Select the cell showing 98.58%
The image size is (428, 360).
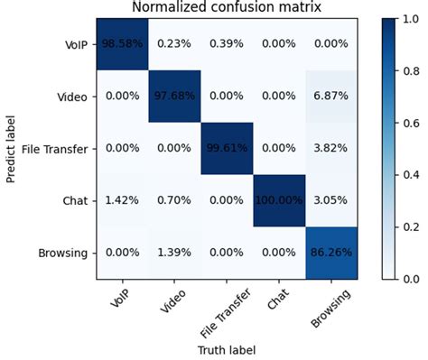pos(123,43)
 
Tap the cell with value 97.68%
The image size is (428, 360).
pos(175,96)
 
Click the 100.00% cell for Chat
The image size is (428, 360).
pos(280,200)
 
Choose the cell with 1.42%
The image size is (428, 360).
pos(123,200)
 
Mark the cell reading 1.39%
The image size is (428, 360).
pos(175,254)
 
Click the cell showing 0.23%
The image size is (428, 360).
pos(175,43)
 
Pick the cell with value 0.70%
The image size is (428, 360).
pos(175,200)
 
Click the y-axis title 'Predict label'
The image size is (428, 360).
pos(11,149)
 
